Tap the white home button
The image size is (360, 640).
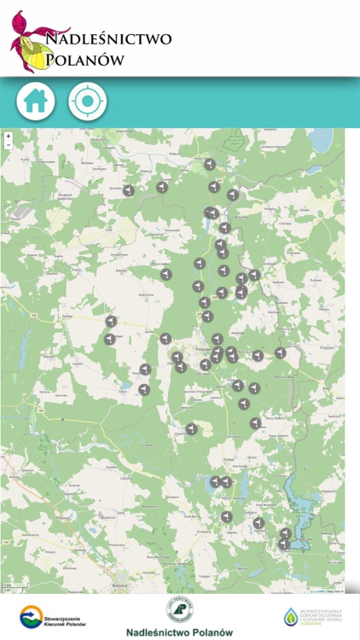pos(36,102)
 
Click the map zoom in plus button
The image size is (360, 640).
pos(8,136)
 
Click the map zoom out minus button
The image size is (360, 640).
pos(8,145)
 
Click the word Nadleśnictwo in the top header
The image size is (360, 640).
pos(107,38)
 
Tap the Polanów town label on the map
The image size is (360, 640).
pos(203,350)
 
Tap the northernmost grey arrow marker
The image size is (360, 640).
pos(210,163)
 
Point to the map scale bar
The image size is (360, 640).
pos(9,589)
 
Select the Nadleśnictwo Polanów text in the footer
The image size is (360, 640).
pos(179,632)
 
